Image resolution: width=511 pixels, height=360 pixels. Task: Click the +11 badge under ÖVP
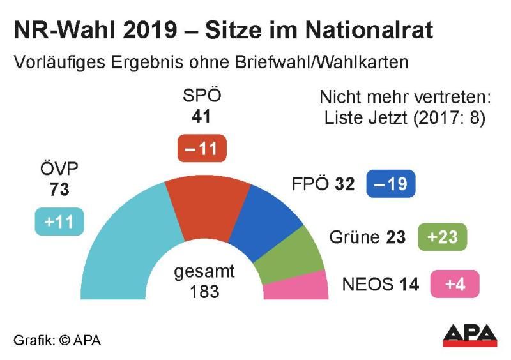point(59,222)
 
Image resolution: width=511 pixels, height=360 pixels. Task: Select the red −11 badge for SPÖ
point(202,149)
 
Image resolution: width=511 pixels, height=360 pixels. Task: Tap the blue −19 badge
point(391,184)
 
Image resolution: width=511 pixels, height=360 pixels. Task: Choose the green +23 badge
point(442,237)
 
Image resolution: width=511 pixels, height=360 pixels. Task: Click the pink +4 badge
point(454,284)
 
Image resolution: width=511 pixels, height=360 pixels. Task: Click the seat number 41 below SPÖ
point(202,117)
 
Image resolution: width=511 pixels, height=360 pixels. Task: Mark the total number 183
point(204,292)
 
